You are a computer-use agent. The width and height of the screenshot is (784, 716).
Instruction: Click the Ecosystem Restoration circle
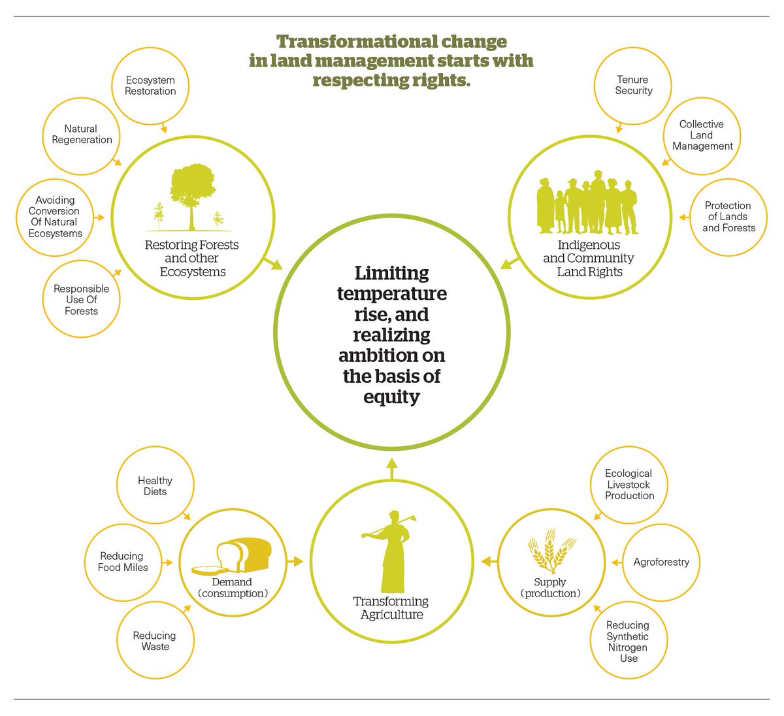tap(151, 86)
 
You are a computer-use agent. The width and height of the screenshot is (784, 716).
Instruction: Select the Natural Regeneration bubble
tap(82, 135)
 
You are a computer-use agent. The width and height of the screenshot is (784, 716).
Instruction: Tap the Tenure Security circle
tap(633, 86)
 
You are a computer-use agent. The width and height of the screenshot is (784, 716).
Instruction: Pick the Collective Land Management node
tap(702, 135)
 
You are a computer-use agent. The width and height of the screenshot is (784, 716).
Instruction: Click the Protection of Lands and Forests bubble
tap(728, 217)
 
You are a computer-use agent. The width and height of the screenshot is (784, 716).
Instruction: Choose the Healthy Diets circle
tap(155, 486)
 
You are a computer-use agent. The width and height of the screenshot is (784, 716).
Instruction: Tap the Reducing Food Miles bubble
tap(123, 562)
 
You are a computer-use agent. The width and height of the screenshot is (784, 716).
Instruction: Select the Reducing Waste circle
tap(155, 641)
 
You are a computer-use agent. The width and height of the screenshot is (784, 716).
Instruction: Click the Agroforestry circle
tap(661, 562)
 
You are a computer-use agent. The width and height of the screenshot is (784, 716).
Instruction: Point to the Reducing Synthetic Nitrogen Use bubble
tap(627, 642)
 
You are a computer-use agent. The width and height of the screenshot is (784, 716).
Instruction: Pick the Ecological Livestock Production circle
tap(629, 485)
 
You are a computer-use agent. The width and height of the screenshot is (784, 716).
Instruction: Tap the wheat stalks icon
tap(550, 553)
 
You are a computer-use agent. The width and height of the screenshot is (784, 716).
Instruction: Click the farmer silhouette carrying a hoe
tap(391, 549)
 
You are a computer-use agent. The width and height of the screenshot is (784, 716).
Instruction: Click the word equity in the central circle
tap(391, 397)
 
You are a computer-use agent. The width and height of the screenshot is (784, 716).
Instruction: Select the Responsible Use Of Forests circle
tap(82, 300)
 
